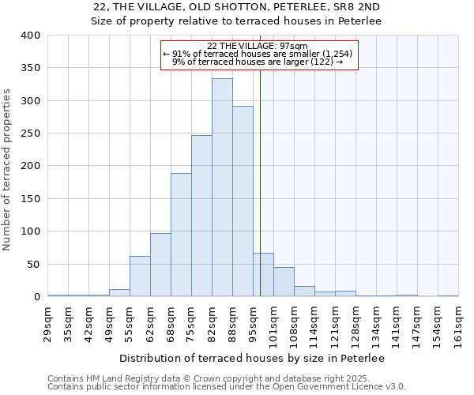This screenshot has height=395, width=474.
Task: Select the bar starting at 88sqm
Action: click(x=243, y=201)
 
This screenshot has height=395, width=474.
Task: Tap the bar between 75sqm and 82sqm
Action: click(x=201, y=216)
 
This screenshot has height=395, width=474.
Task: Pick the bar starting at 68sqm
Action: click(x=181, y=235)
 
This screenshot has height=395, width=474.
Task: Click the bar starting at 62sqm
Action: click(x=160, y=265)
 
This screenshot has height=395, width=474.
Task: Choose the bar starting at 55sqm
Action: click(x=140, y=276)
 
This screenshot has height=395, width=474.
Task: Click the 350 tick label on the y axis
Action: click(x=30, y=69)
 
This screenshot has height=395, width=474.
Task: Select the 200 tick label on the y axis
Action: click(x=30, y=167)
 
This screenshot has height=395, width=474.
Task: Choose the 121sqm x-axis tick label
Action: click(x=336, y=325)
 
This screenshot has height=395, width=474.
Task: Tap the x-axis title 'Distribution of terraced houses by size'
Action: click(x=253, y=359)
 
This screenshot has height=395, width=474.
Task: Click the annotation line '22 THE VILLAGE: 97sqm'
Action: click(x=258, y=46)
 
